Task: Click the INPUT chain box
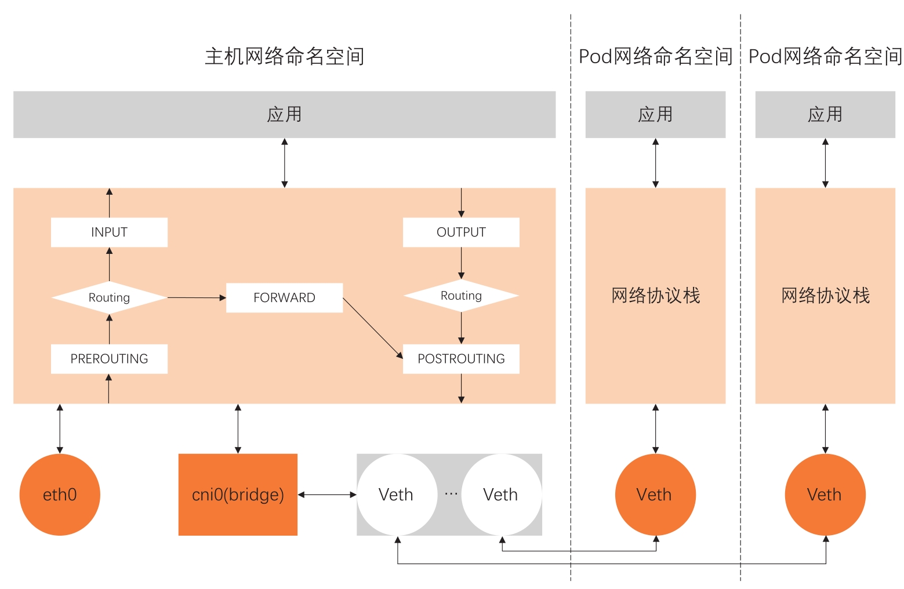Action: point(109,232)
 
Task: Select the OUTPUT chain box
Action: point(461,232)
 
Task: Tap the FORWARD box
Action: point(284,298)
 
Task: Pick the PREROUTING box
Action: point(109,359)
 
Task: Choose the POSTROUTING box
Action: point(461,359)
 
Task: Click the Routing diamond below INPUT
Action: point(109,298)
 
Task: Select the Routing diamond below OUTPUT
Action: point(461,296)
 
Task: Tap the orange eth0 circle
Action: point(60,495)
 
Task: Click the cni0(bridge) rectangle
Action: point(238,495)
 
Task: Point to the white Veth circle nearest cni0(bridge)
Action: point(397,495)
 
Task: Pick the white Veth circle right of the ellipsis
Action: point(501,495)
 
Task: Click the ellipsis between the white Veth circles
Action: point(451,493)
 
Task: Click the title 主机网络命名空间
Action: point(284,57)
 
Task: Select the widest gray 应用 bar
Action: point(284,114)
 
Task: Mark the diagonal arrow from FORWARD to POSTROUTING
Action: point(372,328)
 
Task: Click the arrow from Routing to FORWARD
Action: point(197,298)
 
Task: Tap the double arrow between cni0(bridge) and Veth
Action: point(327,495)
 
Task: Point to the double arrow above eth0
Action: point(60,429)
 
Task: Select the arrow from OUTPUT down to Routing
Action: point(461,263)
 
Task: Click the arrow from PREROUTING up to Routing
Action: point(109,329)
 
